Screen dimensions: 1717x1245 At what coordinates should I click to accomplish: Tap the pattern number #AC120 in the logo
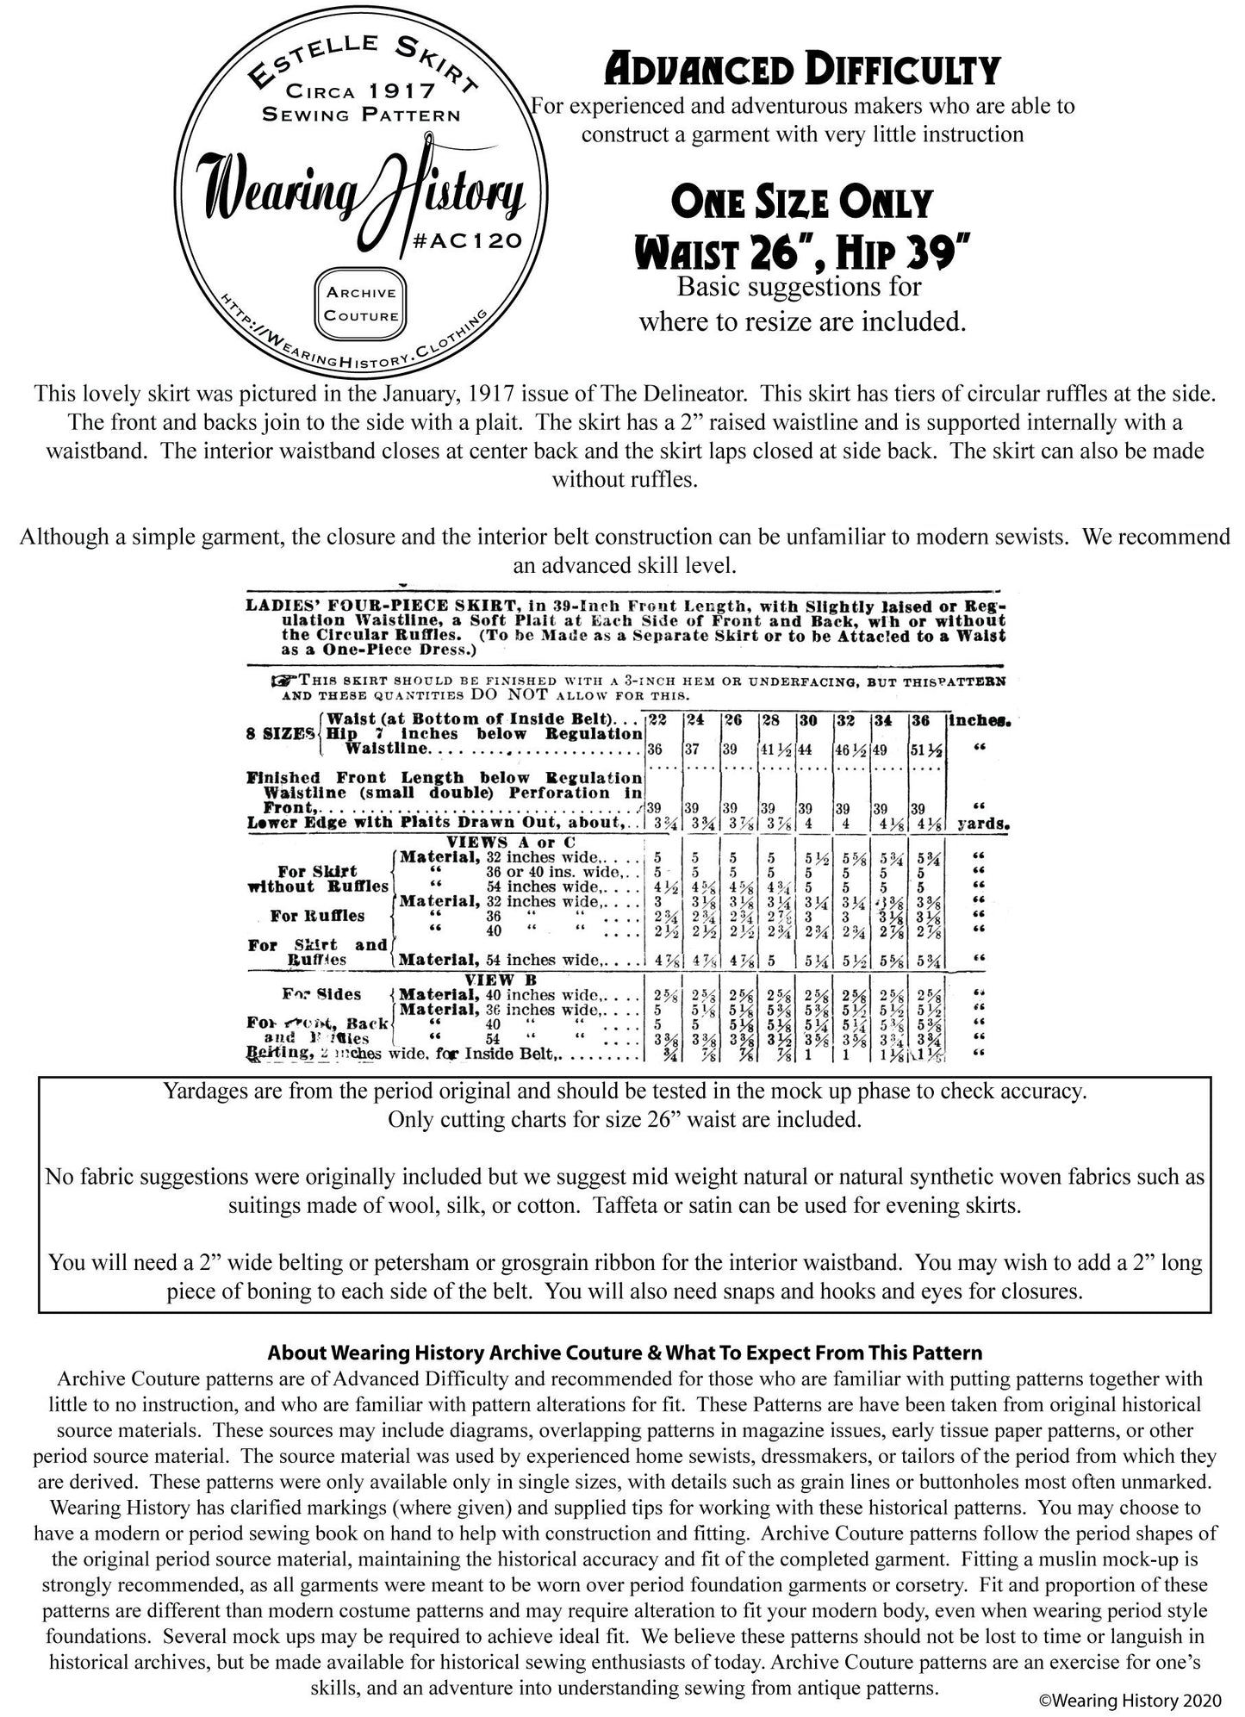click(x=472, y=242)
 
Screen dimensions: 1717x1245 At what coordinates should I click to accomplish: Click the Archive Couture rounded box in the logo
click(x=362, y=304)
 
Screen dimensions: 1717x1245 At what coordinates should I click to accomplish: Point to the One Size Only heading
click(x=801, y=203)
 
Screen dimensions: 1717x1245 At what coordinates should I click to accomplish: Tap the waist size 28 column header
click(x=773, y=719)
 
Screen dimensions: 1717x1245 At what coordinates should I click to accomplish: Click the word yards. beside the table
click(x=983, y=824)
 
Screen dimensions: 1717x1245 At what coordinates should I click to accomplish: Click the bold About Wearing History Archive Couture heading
click(x=625, y=1353)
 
